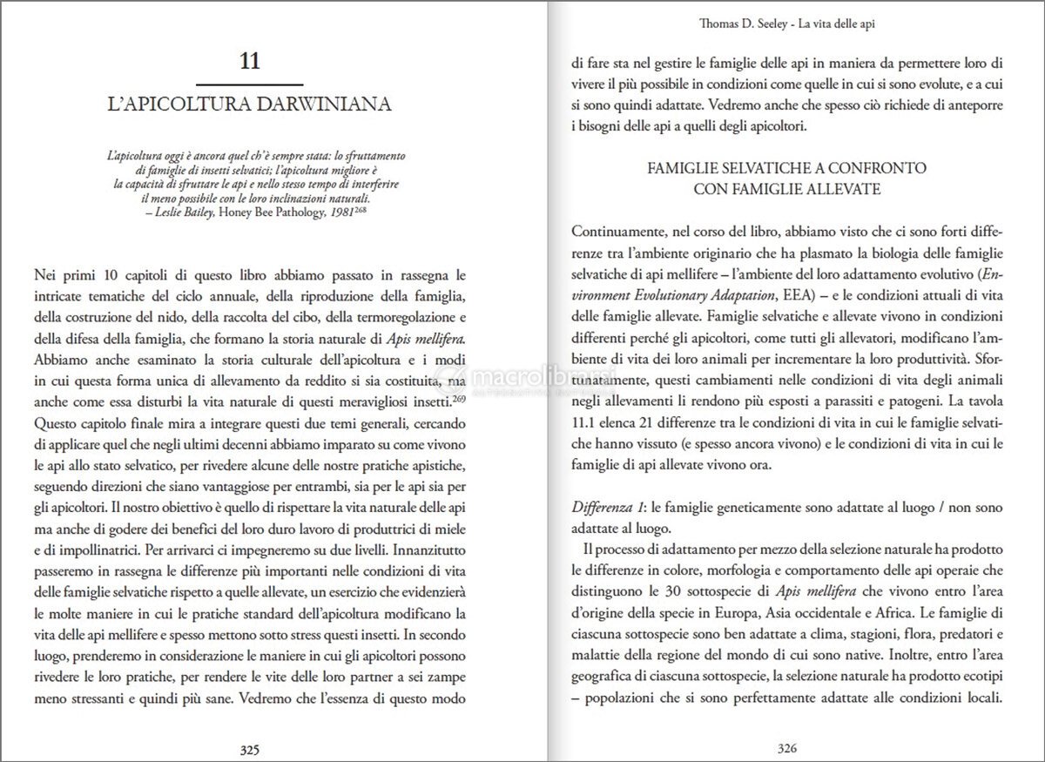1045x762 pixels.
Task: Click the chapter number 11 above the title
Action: tap(248, 62)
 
